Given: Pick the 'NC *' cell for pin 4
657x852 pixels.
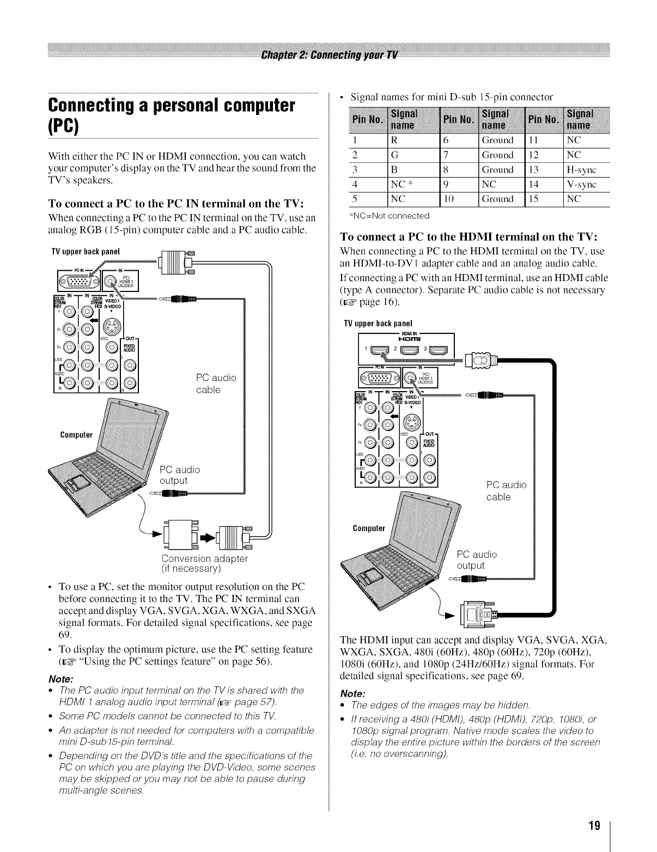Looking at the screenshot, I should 400,185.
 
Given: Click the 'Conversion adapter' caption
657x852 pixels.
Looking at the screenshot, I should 204,559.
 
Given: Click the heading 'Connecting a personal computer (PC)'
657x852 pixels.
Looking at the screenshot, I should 172,115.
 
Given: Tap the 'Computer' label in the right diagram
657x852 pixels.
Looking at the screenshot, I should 368,528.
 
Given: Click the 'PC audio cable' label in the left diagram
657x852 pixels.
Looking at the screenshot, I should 216,384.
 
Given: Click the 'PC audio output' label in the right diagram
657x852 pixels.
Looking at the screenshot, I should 476,560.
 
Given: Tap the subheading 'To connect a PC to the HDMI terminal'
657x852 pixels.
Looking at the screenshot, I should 469,237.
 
